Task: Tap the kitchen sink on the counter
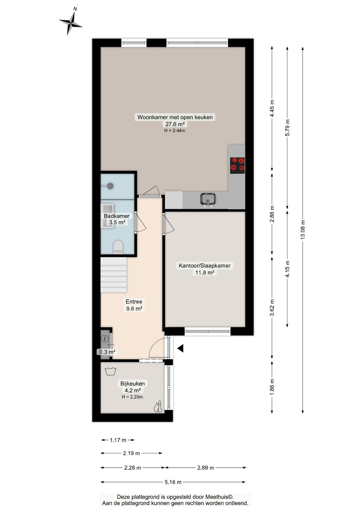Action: [208, 199]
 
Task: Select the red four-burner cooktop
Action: [237, 165]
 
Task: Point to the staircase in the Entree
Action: [114, 275]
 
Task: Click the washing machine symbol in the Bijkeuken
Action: [111, 371]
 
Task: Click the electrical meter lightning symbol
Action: [105, 339]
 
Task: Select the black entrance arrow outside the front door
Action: [180, 348]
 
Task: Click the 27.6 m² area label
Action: [175, 124]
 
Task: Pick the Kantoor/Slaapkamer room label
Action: [204, 266]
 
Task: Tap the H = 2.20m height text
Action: [132, 397]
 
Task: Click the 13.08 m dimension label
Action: [303, 230]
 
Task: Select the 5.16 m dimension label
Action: [173, 482]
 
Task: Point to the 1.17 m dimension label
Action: [118, 440]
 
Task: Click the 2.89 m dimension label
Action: [206, 468]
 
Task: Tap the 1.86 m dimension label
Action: [272, 386]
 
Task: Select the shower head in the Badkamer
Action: [110, 186]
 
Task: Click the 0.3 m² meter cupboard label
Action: [107, 352]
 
